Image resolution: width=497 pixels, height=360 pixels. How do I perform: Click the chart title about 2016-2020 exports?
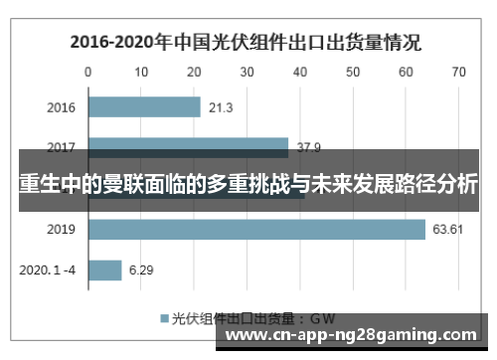tap(244, 43)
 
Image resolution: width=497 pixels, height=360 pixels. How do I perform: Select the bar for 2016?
tap(144, 107)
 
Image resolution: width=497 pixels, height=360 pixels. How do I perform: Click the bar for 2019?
tap(256, 230)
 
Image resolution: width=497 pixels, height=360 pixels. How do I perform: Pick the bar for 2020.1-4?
tap(105, 270)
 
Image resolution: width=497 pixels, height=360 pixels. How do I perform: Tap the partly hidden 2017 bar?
tap(188, 147)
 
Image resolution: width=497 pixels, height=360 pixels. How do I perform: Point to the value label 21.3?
tap(222, 107)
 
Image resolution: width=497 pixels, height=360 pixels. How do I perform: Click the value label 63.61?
tap(446, 230)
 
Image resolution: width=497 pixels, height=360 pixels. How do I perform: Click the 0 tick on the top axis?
tap(88, 73)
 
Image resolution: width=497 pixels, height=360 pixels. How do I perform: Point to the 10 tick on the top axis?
tap(141, 73)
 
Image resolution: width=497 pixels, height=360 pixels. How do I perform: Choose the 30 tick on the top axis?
tap(247, 73)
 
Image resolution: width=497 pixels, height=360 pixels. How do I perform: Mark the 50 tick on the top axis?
tap(352, 73)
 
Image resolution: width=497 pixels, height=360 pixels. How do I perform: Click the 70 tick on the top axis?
tap(458, 73)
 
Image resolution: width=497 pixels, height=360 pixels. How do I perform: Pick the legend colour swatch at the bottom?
tap(164, 318)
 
